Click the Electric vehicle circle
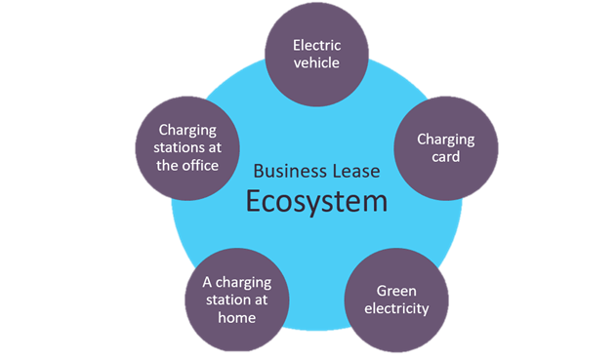tap(316, 54)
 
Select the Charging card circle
tap(446, 147)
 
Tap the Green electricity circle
tap(396, 300)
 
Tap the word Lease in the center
tap(356, 170)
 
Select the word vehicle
tap(316, 63)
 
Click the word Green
tap(396, 290)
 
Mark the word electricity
tap(396, 310)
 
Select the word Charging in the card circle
tap(446, 138)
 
